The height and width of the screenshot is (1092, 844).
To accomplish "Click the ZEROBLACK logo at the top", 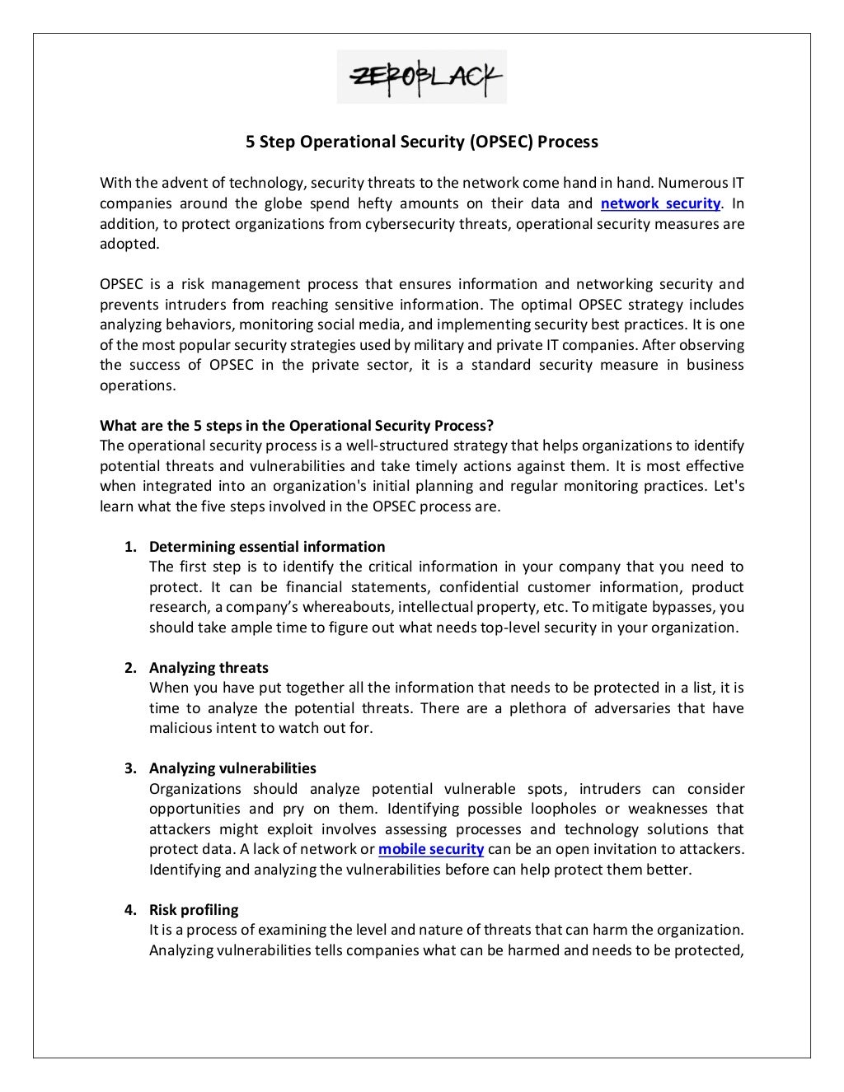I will [421, 77].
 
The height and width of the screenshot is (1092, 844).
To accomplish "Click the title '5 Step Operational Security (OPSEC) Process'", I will [422, 142].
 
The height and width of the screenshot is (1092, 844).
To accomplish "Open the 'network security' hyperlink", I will [660, 203].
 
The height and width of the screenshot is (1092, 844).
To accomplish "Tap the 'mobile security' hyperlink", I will [430, 849].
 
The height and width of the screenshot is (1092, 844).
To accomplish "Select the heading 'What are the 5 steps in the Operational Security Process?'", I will [297, 426].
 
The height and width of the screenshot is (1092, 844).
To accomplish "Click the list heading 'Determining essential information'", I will [267, 547].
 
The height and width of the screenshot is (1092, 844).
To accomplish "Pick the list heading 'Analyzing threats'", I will [209, 668].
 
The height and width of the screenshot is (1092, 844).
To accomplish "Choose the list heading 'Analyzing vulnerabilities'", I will [232, 768].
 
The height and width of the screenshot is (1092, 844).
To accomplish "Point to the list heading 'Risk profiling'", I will [194, 910].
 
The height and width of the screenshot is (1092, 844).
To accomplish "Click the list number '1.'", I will [130, 547].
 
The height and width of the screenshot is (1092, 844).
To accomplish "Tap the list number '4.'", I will [130, 910].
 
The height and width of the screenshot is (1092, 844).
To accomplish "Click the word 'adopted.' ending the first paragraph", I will [129, 244].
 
